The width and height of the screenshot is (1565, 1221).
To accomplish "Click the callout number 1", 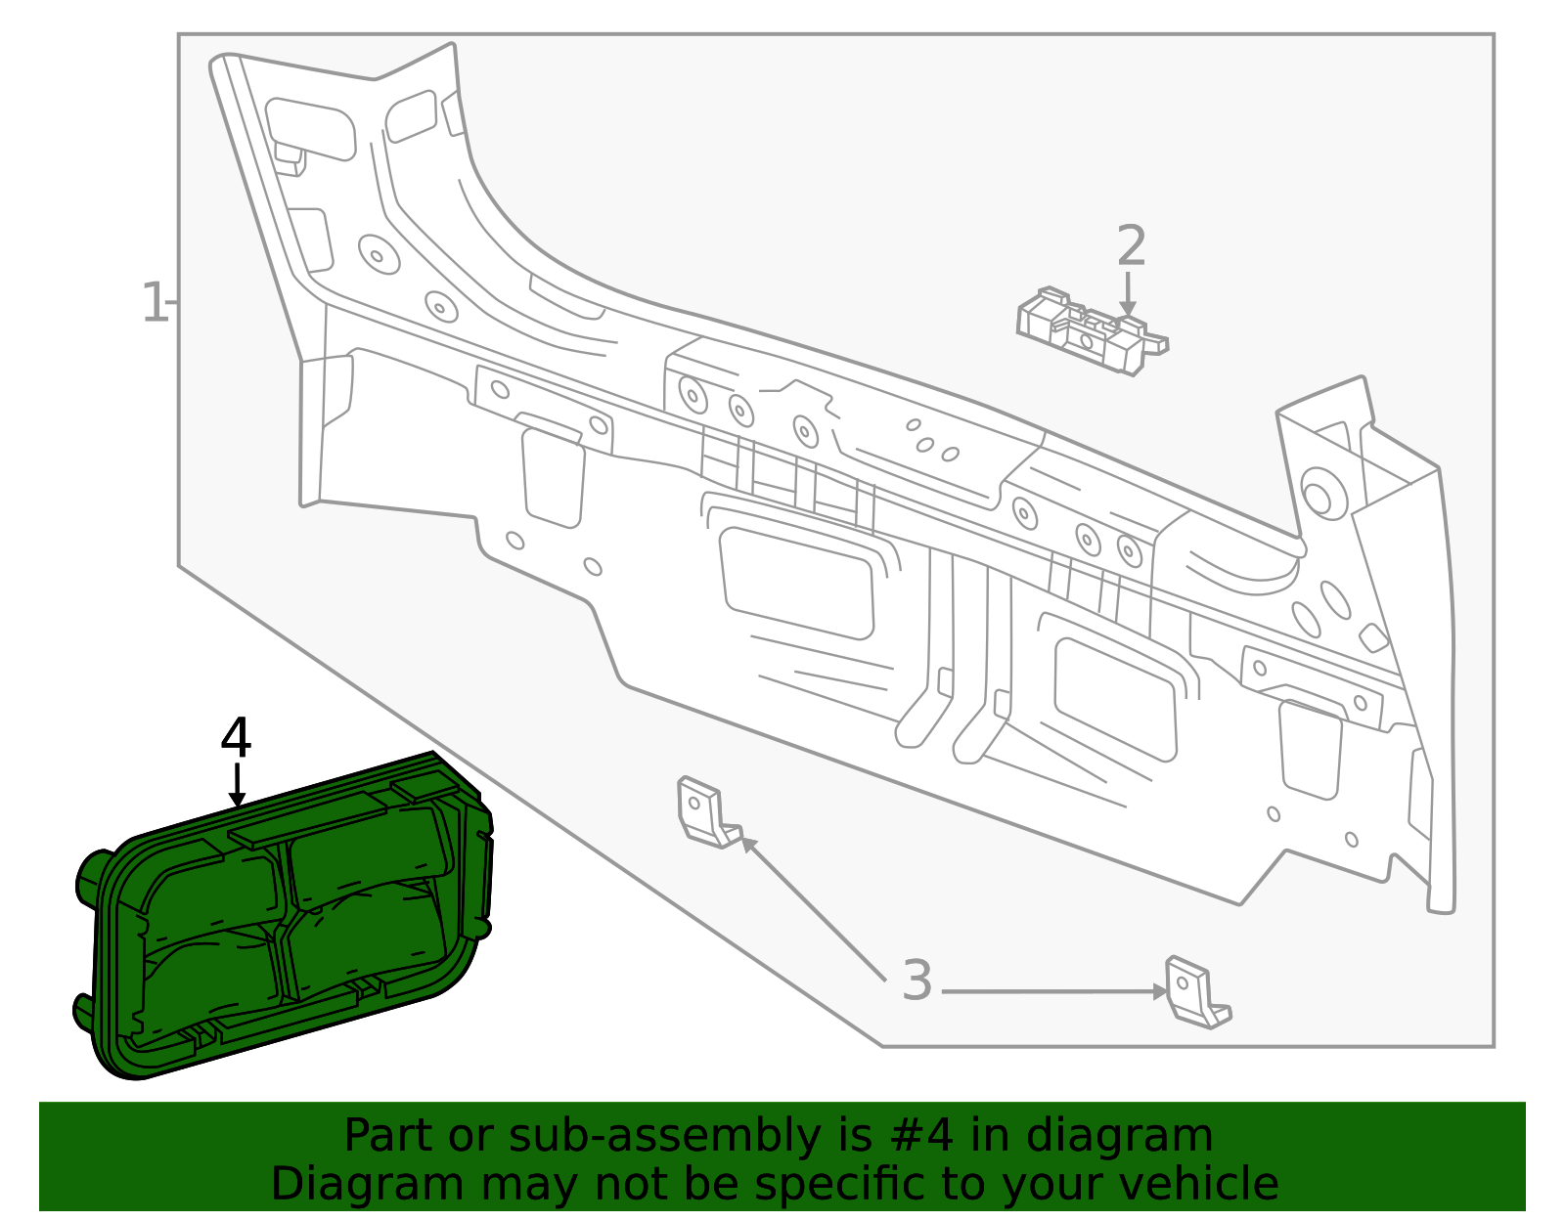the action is click(155, 303).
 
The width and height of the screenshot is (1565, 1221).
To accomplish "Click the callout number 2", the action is click(1132, 245).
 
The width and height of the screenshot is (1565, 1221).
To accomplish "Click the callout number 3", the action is click(917, 980).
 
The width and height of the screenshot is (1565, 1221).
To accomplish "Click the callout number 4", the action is click(236, 738).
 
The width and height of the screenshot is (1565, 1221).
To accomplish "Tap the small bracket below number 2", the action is click(1092, 331).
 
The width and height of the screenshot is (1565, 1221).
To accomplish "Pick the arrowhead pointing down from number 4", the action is click(237, 799).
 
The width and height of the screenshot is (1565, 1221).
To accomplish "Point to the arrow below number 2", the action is click(1128, 293).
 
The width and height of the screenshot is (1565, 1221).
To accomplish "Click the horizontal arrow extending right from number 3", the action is click(1055, 992).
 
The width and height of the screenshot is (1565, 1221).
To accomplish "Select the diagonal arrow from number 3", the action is click(814, 908).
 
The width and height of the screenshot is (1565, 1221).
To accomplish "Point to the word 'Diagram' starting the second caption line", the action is click(368, 1184).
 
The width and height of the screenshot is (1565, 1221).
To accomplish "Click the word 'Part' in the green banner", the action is click(389, 1135).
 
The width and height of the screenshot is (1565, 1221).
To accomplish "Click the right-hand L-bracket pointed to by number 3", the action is click(1197, 992).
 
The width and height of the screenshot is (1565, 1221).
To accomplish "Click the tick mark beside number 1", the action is click(173, 303).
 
